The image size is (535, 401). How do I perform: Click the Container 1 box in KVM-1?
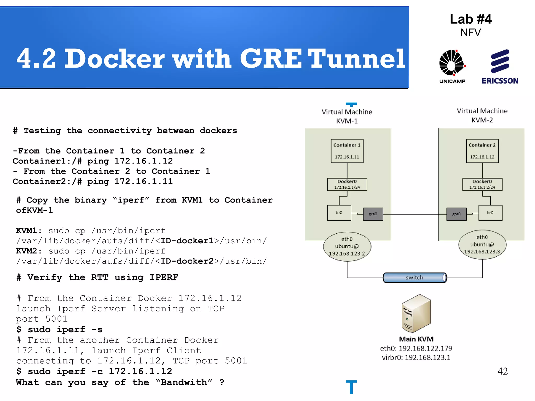(x=347, y=151)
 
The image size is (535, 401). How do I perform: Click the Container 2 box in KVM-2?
(x=482, y=151)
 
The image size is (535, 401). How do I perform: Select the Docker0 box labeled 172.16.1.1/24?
(x=347, y=184)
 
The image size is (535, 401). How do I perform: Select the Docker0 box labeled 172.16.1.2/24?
(x=482, y=184)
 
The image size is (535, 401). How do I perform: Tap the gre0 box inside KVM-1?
(x=373, y=214)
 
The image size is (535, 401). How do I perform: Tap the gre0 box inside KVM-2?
(x=456, y=214)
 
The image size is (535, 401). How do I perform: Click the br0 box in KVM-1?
(x=339, y=213)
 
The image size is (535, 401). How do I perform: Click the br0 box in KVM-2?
(x=490, y=213)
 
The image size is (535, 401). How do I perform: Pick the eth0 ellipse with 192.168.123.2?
(x=347, y=246)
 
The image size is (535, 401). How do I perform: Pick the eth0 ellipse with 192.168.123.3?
(x=482, y=245)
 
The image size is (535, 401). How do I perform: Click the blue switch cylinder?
(x=415, y=278)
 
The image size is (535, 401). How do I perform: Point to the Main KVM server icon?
(x=416, y=313)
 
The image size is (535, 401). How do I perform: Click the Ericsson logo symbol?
(x=500, y=61)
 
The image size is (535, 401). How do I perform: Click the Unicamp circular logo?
(x=452, y=63)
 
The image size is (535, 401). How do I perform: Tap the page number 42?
(x=503, y=371)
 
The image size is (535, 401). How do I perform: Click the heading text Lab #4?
(x=470, y=19)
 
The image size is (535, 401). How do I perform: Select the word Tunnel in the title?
(x=357, y=58)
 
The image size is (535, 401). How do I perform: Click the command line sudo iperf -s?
(x=60, y=329)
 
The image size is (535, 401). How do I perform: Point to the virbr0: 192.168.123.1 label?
(x=416, y=357)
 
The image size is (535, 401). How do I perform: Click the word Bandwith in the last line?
(x=184, y=382)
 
